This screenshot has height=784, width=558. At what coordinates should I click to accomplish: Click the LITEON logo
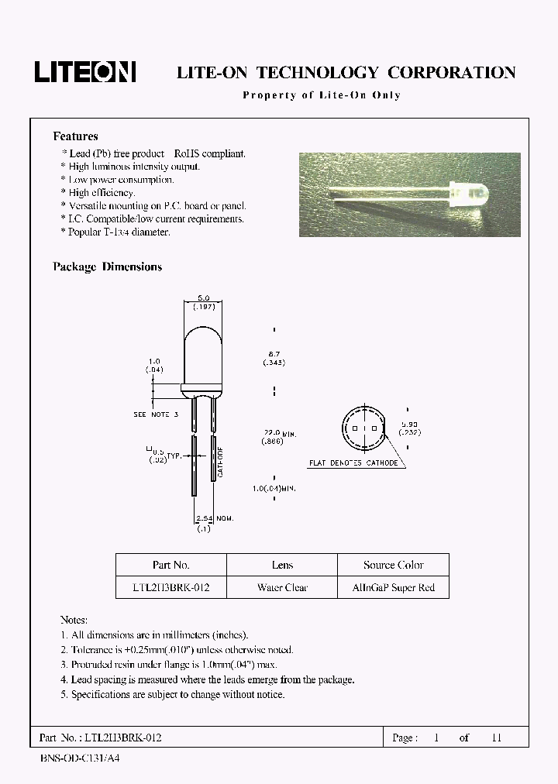click(x=85, y=72)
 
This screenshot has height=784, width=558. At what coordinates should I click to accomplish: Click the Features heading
click(x=75, y=136)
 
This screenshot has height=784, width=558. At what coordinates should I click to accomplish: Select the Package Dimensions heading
click(x=107, y=266)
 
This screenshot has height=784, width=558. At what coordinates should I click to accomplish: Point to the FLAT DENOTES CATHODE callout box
click(x=353, y=463)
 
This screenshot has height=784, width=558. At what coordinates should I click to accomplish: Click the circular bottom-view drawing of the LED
click(x=362, y=428)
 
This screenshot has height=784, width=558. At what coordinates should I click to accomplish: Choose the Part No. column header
click(x=170, y=565)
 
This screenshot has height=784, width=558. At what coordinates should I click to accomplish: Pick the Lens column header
click(x=282, y=565)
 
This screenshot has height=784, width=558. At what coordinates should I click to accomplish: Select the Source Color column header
click(x=394, y=565)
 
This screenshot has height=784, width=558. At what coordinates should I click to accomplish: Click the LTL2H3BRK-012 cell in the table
click(x=170, y=587)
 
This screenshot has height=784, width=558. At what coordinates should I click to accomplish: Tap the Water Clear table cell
click(x=282, y=587)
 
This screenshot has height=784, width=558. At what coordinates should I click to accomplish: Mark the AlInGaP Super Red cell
click(x=394, y=587)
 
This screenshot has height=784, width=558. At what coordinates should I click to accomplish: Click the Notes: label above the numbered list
click(x=74, y=621)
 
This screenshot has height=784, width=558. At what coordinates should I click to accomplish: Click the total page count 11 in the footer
click(x=497, y=738)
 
